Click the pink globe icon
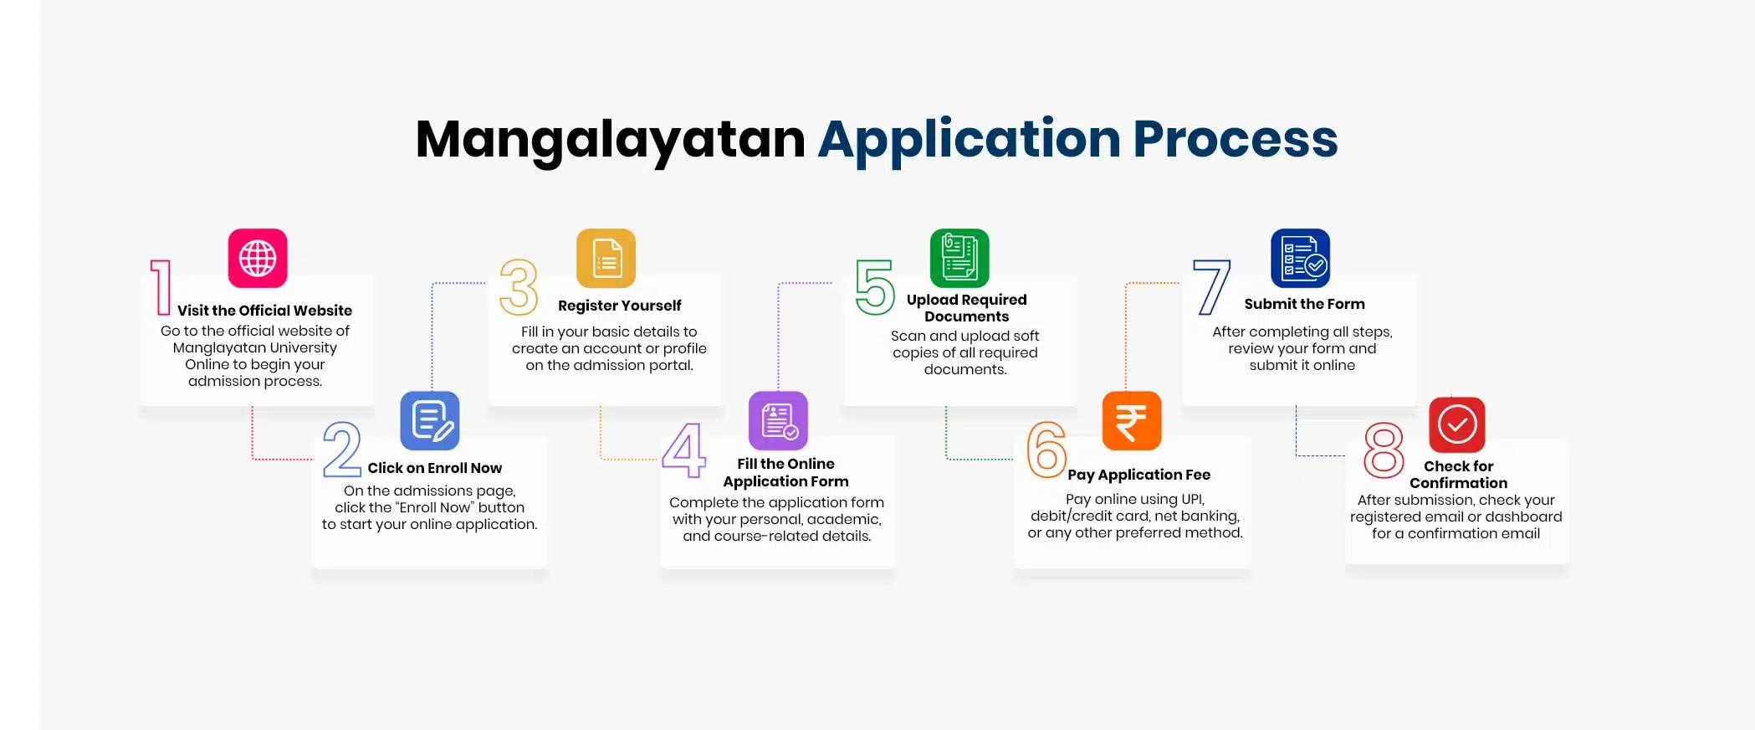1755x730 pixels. pyautogui.click(x=258, y=258)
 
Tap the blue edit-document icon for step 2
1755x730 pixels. pyautogui.click(x=430, y=421)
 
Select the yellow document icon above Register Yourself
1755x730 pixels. pyautogui.click(x=606, y=258)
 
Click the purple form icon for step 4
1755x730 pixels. pyautogui.click(x=778, y=421)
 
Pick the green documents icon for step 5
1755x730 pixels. pyautogui.click(x=959, y=258)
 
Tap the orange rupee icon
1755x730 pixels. pyautogui.click(x=1132, y=421)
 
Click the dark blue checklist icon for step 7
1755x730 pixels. pyautogui.click(x=1300, y=258)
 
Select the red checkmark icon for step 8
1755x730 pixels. pyautogui.click(x=1457, y=424)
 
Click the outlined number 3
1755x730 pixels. pyautogui.click(x=519, y=287)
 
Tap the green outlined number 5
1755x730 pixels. pyautogui.click(x=875, y=287)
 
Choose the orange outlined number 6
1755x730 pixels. pyautogui.click(x=1046, y=450)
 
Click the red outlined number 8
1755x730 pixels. pyautogui.click(x=1384, y=450)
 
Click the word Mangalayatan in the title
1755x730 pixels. pyautogui.click(x=611, y=141)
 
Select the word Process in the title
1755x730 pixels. pyautogui.click(x=1236, y=139)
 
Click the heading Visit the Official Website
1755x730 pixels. pyautogui.click(x=264, y=311)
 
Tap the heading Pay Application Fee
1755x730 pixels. pyautogui.click(x=1138, y=475)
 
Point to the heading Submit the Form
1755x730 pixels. pyautogui.click(x=1304, y=304)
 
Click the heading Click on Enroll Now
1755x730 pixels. pyautogui.click(x=435, y=468)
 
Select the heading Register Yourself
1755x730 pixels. pyautogui.click(x=619, y=306)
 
